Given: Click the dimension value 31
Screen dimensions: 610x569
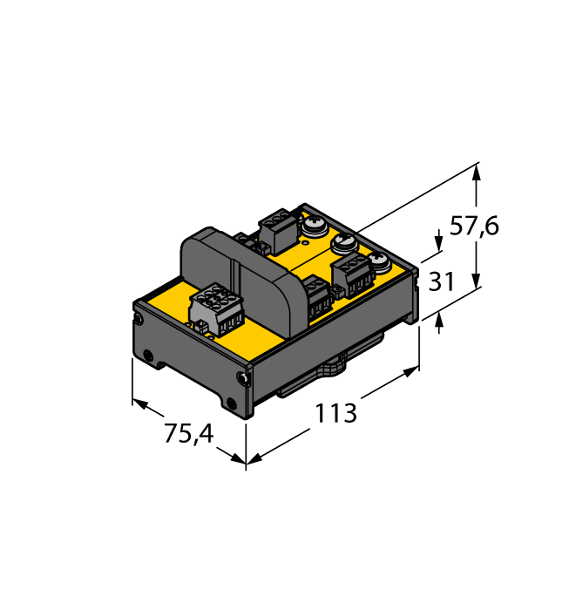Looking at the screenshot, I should coord(442,281).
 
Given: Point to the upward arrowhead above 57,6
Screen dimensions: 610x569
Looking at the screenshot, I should coord(476,173).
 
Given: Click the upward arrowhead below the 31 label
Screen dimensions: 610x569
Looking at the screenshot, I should coord(437,323).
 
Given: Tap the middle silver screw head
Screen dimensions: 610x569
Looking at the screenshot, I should coord(343,242).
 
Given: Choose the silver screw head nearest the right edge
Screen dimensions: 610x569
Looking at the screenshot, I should coord(377,260).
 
